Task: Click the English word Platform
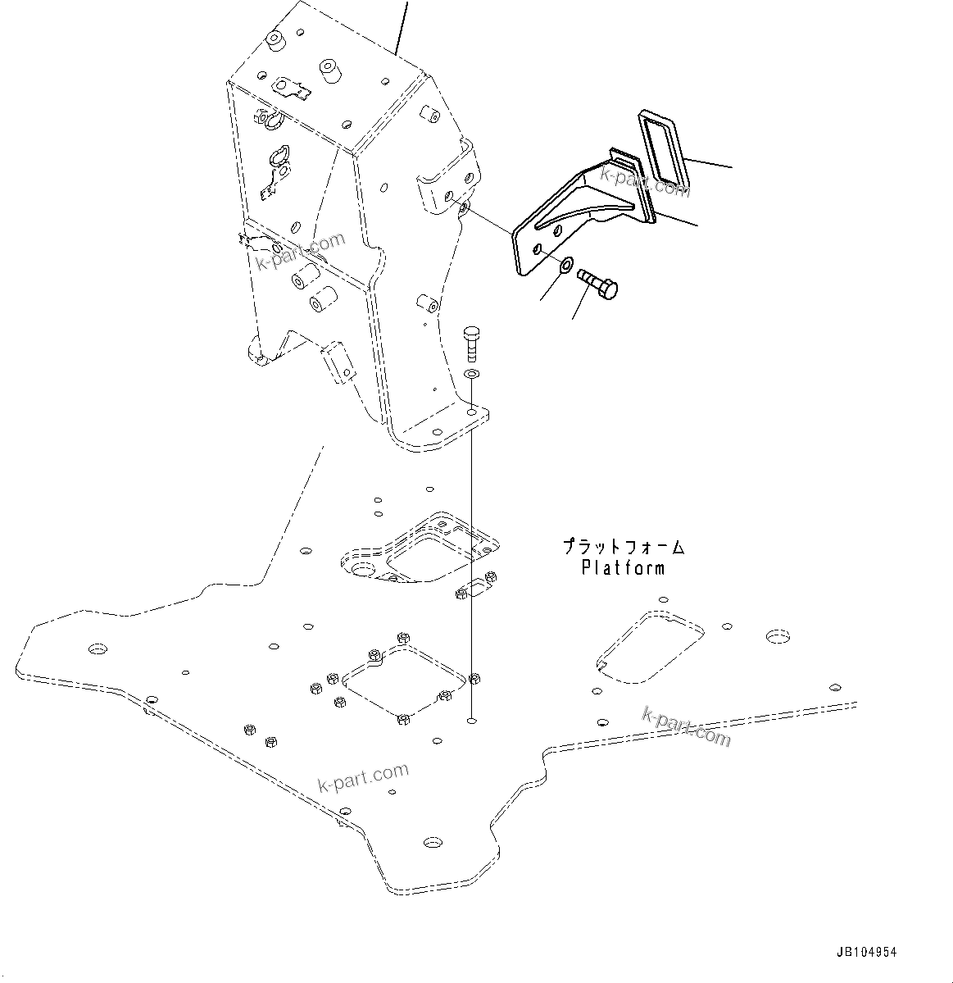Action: [x=623, y=567]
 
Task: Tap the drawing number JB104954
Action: [x=866, y=953]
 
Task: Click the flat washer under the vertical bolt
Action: [x=471, y=375]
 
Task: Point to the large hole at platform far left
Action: [x=98, y=649]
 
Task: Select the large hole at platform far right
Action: [x=777, y=636]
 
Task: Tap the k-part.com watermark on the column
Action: [x=301, y=252]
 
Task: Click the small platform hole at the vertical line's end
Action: [x=470, y=721]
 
